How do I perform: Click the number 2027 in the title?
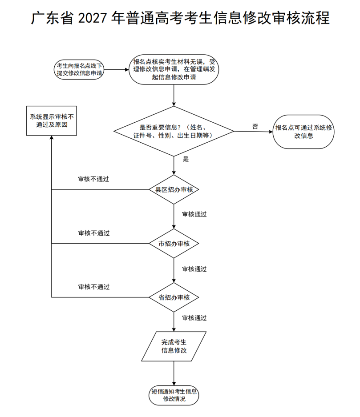coord(92,18)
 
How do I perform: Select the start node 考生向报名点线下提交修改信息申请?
coord(79,70)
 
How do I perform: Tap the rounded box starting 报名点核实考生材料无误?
coord(174,69)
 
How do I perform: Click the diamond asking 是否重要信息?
coord(174,131)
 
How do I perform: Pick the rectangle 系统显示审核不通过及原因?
coord(52,121)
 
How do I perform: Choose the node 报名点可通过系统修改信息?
coord(303,132)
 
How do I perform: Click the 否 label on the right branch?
coord(255,126)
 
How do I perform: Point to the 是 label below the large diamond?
coord(186,159)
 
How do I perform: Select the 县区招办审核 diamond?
coord(174,190)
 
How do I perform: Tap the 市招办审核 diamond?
coord(174,243)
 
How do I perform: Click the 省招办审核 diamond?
coord(174,297)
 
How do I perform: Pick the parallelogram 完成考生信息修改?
coord(174,346)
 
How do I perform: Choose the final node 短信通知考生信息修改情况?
coord(174,395)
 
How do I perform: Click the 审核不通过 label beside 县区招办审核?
coord(93,179)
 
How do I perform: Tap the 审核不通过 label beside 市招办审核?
coord(94,233)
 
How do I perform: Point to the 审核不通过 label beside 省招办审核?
coord(94,287)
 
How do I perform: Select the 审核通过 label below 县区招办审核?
coord(194,214)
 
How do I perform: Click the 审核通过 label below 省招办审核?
coord(194,318)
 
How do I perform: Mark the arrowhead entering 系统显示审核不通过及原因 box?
coord(52,137)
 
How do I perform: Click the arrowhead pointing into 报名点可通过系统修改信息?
coord(271,132)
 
